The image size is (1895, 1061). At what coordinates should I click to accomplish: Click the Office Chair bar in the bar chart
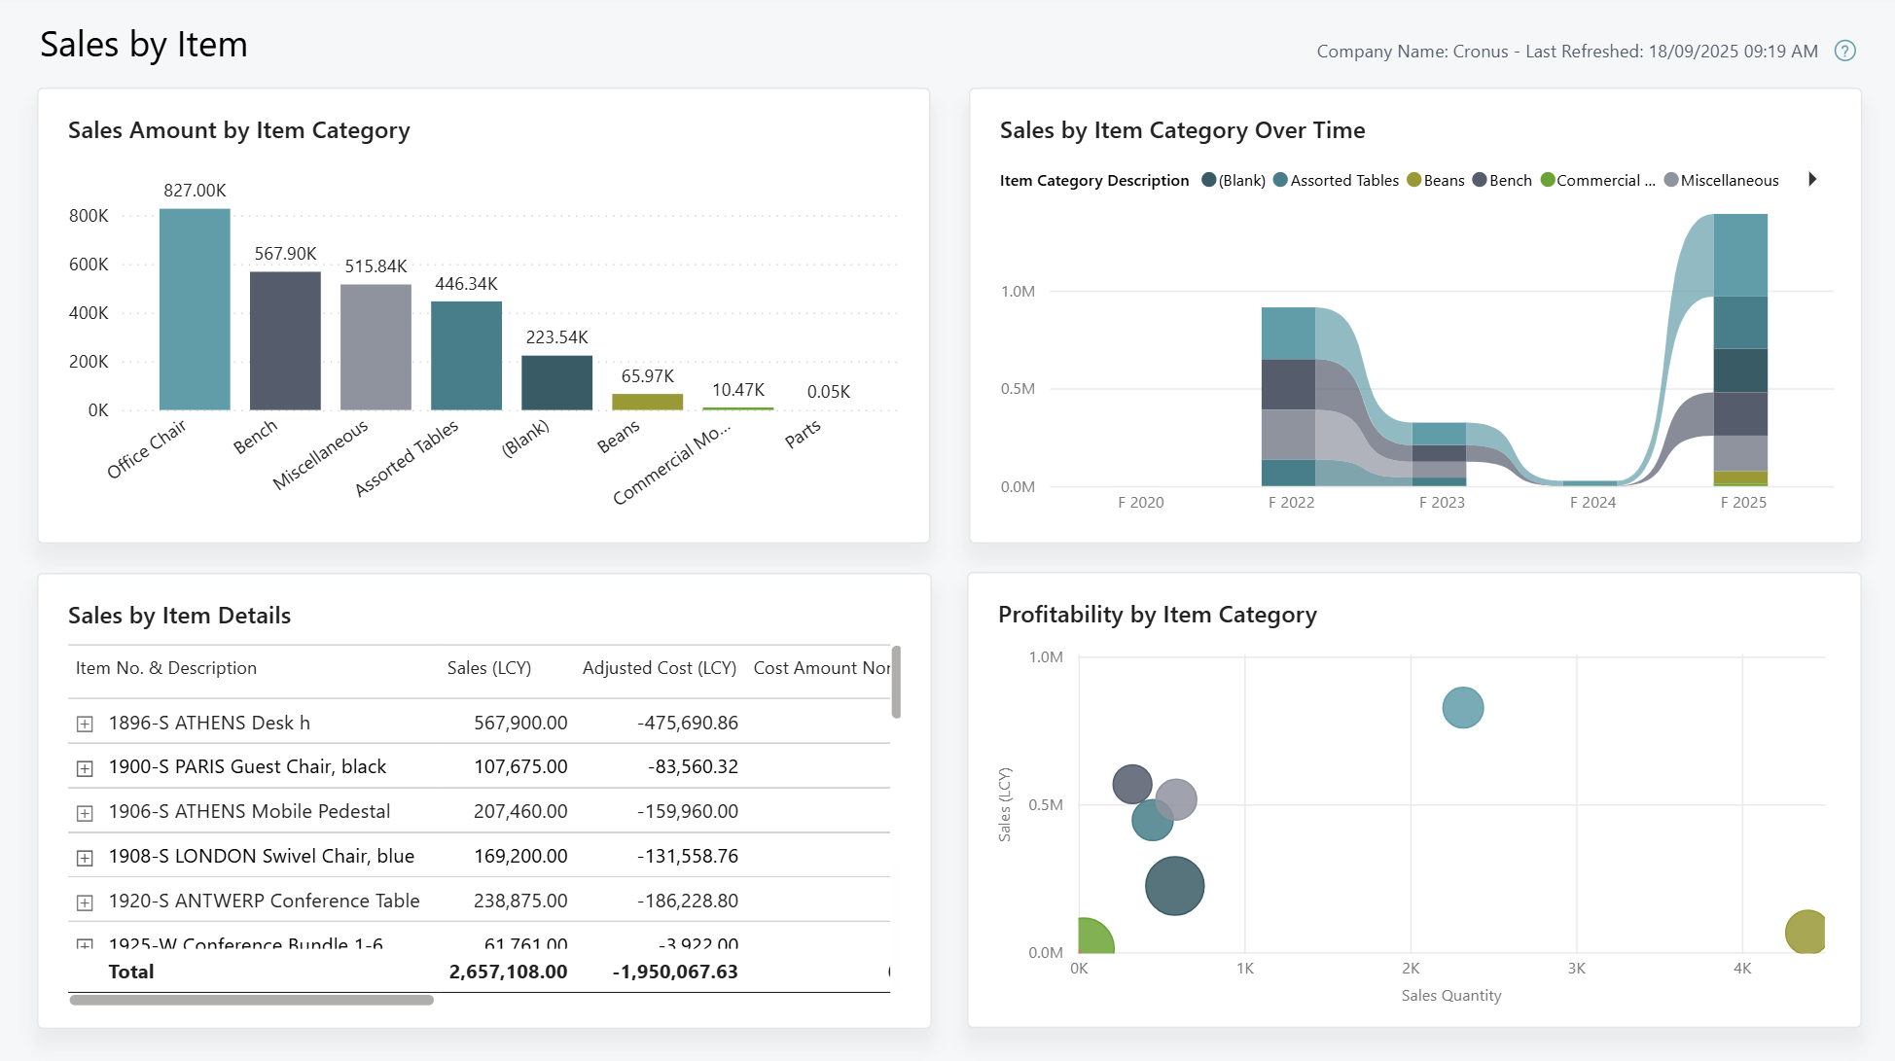tap(195, 309)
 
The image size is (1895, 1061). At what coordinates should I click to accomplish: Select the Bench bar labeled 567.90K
tap(285, 340)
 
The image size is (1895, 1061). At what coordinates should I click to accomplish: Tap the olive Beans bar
tap(647, 402)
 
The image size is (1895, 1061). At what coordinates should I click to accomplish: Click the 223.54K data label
tap(556, 337)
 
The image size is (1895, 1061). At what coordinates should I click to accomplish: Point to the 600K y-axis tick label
tap(89, 265)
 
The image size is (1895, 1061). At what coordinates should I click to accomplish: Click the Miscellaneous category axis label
tap(320, 454)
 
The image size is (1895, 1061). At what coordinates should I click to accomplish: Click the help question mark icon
tap(1844, 51)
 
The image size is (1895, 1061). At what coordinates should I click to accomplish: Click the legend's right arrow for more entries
tap(1812, 179)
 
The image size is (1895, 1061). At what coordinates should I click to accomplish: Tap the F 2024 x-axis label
tap(1592, 502)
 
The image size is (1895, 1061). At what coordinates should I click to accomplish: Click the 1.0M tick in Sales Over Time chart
tap(1018, 291)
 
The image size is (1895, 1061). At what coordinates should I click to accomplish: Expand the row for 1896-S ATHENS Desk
tap(85, 724)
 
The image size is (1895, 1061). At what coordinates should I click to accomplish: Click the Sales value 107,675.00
tap(520, 767)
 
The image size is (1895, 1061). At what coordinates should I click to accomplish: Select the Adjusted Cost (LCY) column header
tap(659, 668)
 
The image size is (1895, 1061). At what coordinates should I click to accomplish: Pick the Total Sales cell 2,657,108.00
tap(508, 972)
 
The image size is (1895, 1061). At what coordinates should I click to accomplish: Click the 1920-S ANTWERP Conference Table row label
tap(264, 901)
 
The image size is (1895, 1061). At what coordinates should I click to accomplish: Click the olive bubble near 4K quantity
tap(1806, 932)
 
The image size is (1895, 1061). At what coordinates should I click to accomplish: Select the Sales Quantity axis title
tap(1450, 995)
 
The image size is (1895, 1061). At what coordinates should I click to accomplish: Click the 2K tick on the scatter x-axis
tap(1411, 968)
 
